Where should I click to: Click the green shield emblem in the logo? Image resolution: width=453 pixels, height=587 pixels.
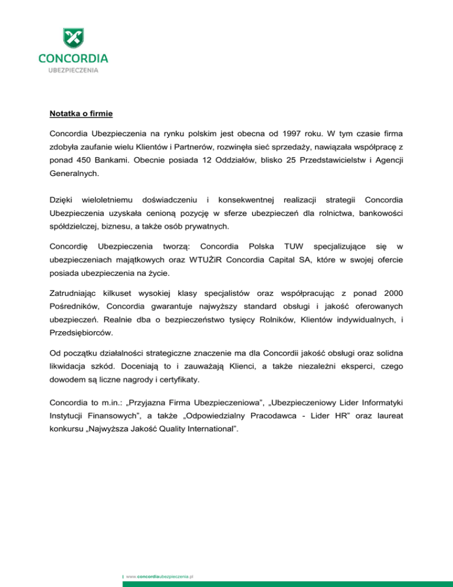(x=73, y=40)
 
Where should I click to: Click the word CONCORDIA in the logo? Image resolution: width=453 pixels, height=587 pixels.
(x=73, y=58)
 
